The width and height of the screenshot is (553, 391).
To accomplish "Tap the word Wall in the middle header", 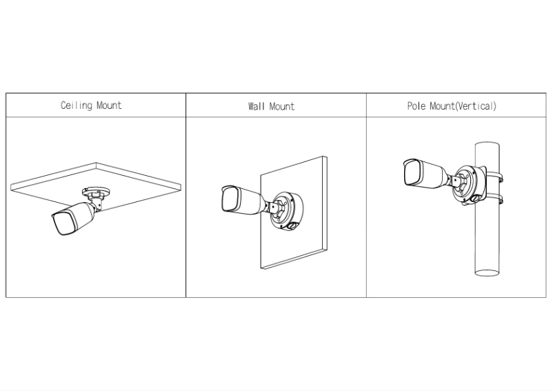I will point(257,106).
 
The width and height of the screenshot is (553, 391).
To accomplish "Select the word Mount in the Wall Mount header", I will point(281,106).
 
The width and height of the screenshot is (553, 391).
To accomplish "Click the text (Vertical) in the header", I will point(475,106).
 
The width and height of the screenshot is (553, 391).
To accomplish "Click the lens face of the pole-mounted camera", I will point(412,172).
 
